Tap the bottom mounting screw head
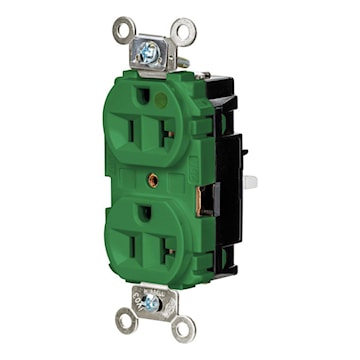click(151, 301)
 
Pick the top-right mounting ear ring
click(182, 32)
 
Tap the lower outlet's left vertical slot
click(131, 240)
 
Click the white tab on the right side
click(249, 182)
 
